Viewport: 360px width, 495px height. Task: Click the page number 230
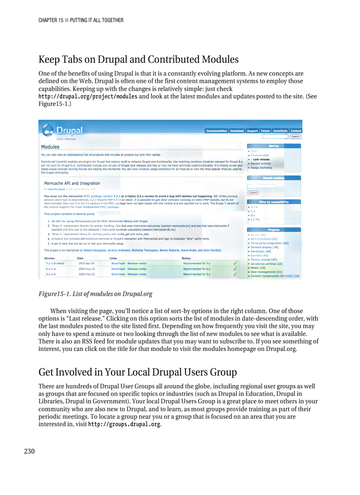click(29, 451)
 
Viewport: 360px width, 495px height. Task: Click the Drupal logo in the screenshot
click(63, 130)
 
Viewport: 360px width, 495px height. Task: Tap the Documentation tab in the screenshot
click(217, 131)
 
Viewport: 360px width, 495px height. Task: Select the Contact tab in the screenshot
click(296, 131)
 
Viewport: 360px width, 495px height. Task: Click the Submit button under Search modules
click(254, 193)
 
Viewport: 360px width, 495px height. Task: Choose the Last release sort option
click(261, 160)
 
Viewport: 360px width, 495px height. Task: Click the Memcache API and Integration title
click(72, 183)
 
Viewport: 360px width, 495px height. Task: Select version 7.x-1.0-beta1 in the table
click(55, 263)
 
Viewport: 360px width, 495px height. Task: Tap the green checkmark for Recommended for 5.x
click(235, 274)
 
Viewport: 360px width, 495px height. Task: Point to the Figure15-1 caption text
click(95, 294)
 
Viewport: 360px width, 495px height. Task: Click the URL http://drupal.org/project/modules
click(88, 97)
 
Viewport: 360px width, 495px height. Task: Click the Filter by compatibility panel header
click(274, 201)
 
